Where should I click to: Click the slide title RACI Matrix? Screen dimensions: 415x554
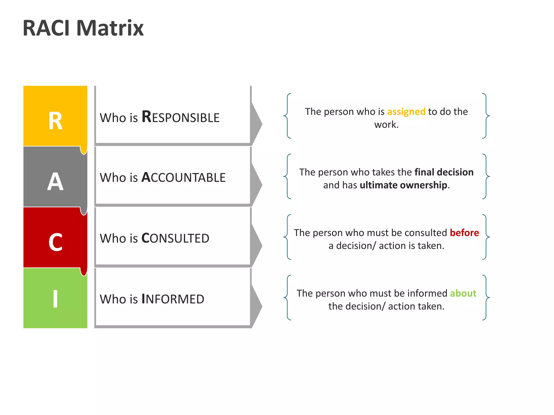(83, 28)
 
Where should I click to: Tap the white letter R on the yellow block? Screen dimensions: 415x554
(55, 121)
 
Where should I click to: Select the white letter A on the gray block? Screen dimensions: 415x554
(55, 182)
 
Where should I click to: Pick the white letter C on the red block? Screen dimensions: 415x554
(55, 242)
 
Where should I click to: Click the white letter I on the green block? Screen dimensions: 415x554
(55, 299)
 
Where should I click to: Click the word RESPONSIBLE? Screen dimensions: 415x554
(180, 118)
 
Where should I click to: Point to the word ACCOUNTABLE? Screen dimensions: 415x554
(183, 178)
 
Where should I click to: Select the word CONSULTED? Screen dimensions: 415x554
(175, 238)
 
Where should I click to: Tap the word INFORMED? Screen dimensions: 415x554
(173, 299)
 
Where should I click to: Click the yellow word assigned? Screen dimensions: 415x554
(406, 112)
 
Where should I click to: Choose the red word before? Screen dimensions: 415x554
(464, 233)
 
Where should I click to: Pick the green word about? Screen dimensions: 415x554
(463, 293)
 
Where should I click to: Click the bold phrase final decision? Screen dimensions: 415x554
(444, 172)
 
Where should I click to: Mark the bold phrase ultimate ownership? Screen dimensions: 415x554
(403, 185)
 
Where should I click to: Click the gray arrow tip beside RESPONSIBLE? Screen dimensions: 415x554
(257, 124)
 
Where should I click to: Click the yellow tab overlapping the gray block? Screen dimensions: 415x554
(84, 150)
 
